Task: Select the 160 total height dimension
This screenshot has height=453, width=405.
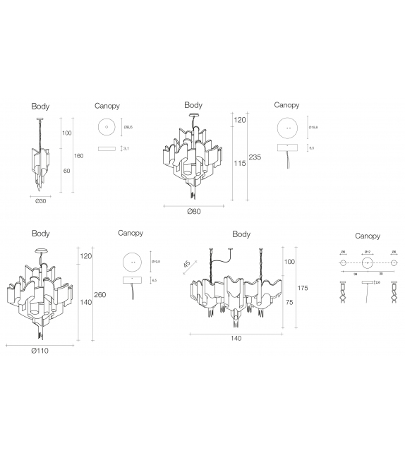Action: [x=78, y=155]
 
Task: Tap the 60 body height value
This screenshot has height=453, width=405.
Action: [x=67, y=170]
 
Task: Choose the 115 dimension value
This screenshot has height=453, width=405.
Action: [x=240, y=163]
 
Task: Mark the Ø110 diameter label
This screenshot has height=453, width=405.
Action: [x=40, y=351]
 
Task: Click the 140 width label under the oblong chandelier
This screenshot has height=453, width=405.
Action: [x=236, y=339]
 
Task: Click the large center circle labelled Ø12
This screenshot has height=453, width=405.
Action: [x=367, y=263]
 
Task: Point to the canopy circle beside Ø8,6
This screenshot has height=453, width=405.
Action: [x=107, y=128]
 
